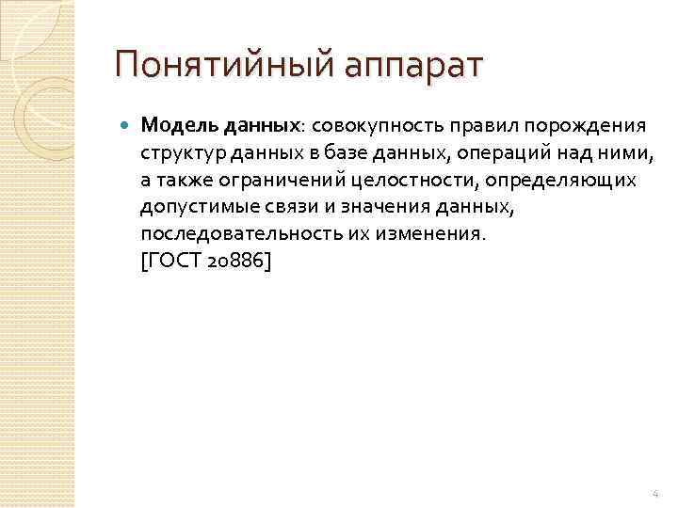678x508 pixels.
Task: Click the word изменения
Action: [x=431, y=231]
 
